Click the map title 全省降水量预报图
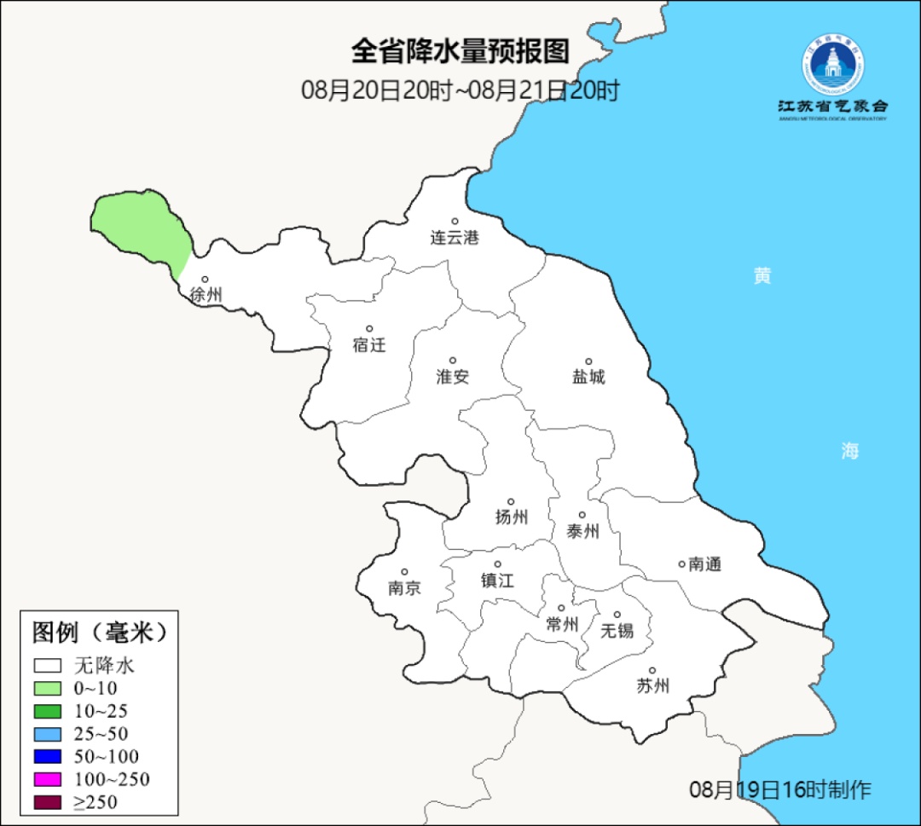pos(460,51)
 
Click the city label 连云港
pos(455,238)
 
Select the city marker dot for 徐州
pos(205,279)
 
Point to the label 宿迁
pos(369,345)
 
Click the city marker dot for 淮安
pos(453,361)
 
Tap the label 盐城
pos(588,377)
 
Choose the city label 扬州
pos(512,517)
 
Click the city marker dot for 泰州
pos(582,515)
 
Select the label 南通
pos(705,564)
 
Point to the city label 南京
pos(404,588)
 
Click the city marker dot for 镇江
pos(498,564)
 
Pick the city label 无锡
pos(617,631)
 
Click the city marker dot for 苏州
pos(652,671)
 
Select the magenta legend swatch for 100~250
pos(49,779)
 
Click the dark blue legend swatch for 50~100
pos(49,756)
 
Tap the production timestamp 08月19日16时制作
pos(779,789)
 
